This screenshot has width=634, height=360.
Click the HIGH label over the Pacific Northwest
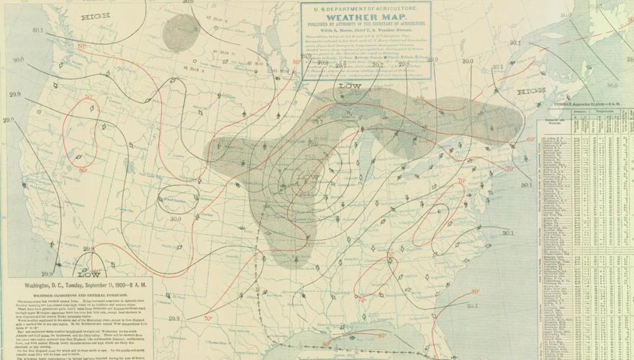coord(91,15)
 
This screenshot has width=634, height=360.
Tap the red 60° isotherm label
coord(530,140)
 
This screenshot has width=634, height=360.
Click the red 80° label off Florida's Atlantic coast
coord(475,292)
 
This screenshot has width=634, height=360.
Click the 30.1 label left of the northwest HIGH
coord(37,30)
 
